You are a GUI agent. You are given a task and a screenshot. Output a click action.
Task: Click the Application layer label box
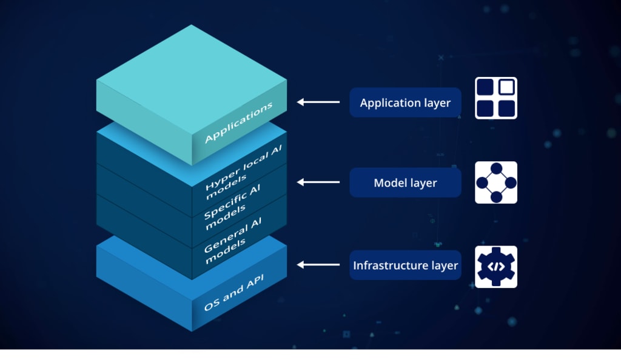click(x=405, y=102)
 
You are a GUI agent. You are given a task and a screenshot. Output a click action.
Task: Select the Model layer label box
click(x=405, y=182)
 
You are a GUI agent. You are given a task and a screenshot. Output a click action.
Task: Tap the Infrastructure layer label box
click(x=405, y=265)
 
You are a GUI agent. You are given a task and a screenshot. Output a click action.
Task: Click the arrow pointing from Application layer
click(x=318, y=102)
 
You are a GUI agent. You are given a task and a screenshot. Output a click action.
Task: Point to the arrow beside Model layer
click(x=318, y=182)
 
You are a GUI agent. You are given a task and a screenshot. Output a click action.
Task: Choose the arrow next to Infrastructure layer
click(x=318, y=265)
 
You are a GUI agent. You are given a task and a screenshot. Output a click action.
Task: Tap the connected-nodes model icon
click(x=495, y=182)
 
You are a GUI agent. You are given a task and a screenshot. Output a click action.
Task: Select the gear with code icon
click(x=495, y=266)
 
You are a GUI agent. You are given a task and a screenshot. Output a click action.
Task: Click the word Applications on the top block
click(x=239, y=123)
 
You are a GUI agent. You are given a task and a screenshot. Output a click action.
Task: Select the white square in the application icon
click(x=506, y=87)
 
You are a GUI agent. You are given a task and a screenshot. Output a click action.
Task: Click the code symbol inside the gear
click(x=495, y=266)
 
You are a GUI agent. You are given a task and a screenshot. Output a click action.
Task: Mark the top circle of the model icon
click(x=495, y=168)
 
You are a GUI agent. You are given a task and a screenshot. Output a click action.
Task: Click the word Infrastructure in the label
click(x=384, y=265)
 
